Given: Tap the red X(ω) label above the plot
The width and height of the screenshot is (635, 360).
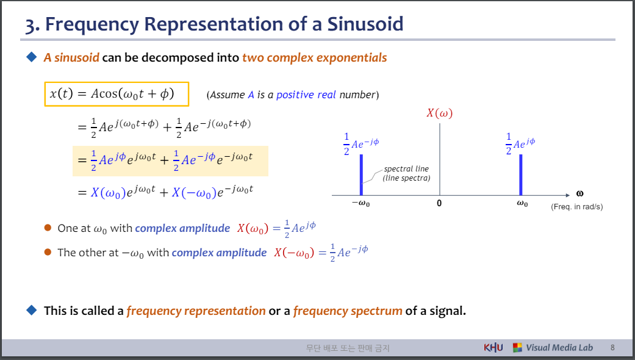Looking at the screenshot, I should pyautogui.click(x=439, y=113).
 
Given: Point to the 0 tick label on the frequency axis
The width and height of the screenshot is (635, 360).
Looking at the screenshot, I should pyautogui.click(x=439, y=204).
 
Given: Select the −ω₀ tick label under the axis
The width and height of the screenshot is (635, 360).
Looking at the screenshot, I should pyautogui.click(x=361, y=204).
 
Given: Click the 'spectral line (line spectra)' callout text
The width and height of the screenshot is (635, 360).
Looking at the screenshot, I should pyautogui.click(x=406, y=173).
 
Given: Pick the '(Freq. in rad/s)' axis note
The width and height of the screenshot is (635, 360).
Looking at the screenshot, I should pyautogui.click(x=576, y=207).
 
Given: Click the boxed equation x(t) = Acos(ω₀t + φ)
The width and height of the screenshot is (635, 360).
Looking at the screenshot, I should pyautogui.click(x=117, y=94).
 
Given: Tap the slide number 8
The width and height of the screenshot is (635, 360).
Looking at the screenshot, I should pyautogui.click(x=612, y=348).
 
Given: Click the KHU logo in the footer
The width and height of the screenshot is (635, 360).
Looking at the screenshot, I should pyautogui.click(x=493, y=348).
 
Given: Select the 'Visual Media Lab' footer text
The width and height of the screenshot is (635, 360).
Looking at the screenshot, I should pyautogui.click(x=559, y=348).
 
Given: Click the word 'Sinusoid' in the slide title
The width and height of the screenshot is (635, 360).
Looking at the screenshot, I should pyautogui.click(x=366, y=24).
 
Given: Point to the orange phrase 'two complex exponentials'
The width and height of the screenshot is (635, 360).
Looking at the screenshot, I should pyautogui.click(x=314, y=58).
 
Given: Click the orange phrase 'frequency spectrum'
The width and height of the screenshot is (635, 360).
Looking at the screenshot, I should pyautogui.click(x=347, y=311).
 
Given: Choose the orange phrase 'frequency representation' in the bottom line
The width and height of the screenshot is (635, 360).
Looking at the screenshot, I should pyautogui.click(x=196, y=311).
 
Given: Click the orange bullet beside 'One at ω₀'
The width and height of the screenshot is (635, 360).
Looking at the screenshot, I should pyautogui.click(x=48, y=228).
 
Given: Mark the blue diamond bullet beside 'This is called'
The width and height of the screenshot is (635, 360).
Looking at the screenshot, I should pyautogui.click(x=32, y=310).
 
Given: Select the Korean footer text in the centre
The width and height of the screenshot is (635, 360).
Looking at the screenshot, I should pyautogui.click(x=348, y=348).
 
